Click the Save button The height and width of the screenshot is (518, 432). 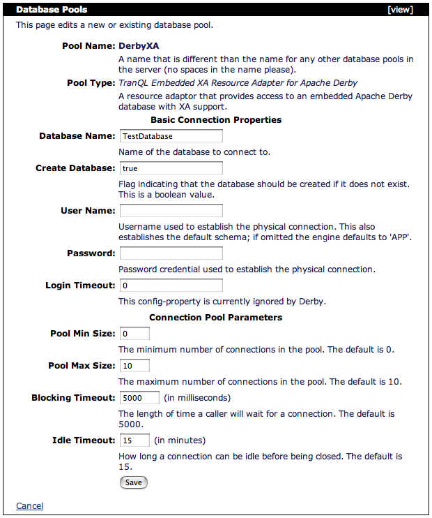point(134,482)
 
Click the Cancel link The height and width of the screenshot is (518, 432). point(29,506)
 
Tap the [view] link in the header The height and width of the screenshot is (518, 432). point(401,10)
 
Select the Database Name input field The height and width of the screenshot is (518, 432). point(171,136)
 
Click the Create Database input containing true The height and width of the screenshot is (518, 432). point(171,168)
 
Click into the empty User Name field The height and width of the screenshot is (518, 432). point(171,210)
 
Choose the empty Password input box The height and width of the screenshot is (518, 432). point(171,253)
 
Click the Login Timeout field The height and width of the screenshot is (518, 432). point(171,286)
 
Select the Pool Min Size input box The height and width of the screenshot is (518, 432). point(134,334)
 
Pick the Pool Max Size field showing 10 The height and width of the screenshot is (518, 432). point(134,366)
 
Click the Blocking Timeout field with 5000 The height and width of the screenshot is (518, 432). point(139,398)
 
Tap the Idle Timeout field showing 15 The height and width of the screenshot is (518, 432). point(134,441)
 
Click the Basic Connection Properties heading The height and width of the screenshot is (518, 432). point(216,120)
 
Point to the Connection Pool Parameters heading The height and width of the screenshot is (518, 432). point(216,318)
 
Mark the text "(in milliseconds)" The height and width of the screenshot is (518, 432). point(198,398)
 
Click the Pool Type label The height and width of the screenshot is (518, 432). point(90,83)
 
